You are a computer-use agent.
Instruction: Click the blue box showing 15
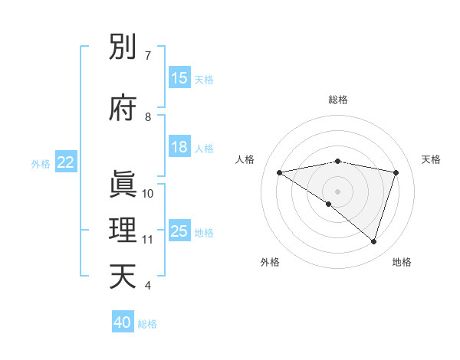pos(179,78)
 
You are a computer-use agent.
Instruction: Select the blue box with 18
pos(179,147)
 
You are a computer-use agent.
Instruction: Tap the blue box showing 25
pos(179,231)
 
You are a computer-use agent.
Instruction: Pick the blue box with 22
pos(66,162)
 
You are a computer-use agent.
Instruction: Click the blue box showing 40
pos(123,322)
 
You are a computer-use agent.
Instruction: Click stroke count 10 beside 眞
pos(148,194)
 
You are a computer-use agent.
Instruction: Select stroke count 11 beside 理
pos(148,240)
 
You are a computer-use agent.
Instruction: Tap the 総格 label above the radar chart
pos(338,100)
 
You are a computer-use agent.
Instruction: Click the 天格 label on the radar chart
pos(431,159)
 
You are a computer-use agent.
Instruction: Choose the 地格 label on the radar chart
pos(402,262)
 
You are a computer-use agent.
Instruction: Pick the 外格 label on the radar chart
pos(270,262)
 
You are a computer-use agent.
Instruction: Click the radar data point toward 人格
pos(280,172)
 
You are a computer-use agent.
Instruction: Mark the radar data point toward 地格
pos(373,241)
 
